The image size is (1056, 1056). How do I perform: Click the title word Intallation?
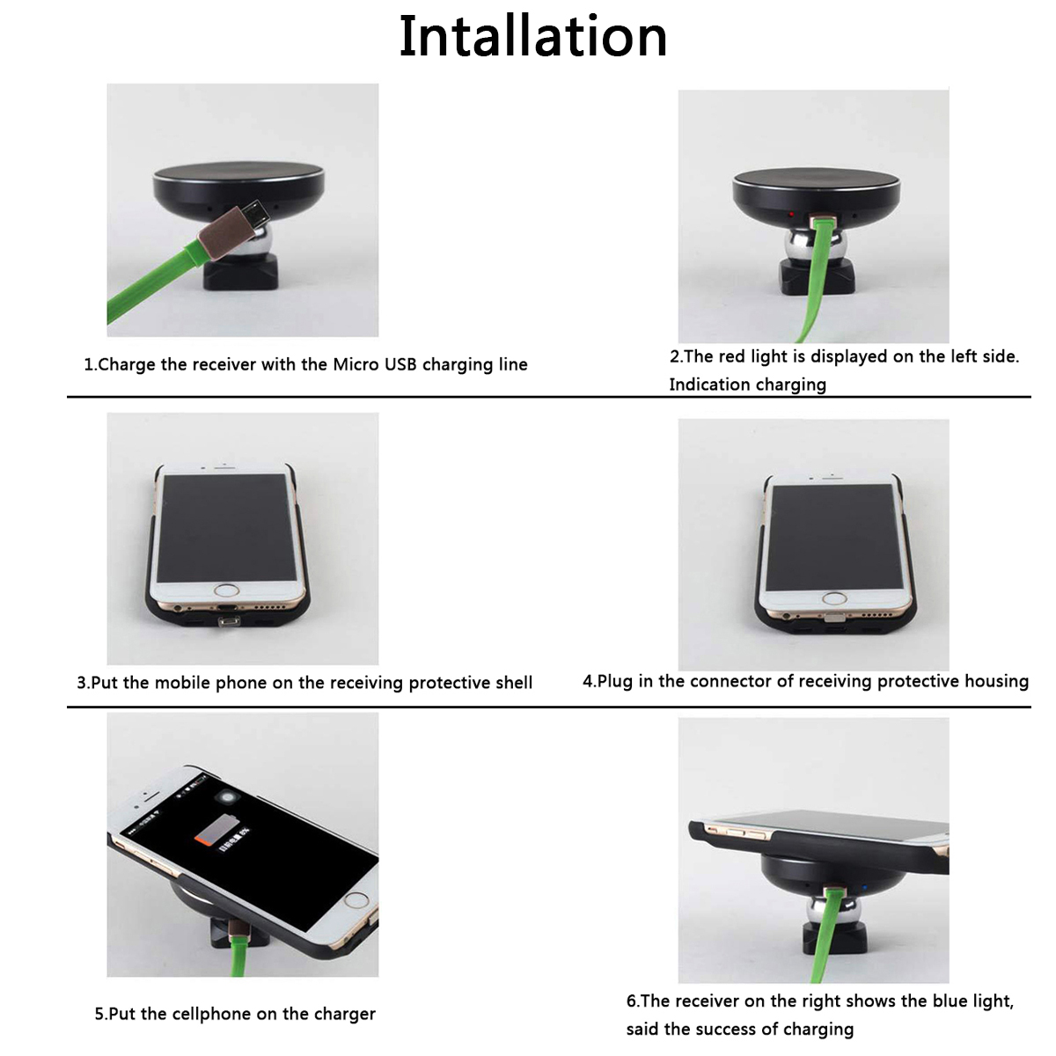click(x=532, y=37)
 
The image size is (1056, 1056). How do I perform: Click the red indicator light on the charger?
click(x=791, y=215)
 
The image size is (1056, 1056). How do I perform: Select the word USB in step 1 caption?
click(x=400, y=364)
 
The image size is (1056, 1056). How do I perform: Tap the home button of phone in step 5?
click(x=356, y=899)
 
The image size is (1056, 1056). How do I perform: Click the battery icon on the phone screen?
click(x=214, y=831)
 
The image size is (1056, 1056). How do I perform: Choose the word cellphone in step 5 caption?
click(x=214, y=1014)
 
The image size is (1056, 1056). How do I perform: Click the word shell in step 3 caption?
click(x=510, y=683)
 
